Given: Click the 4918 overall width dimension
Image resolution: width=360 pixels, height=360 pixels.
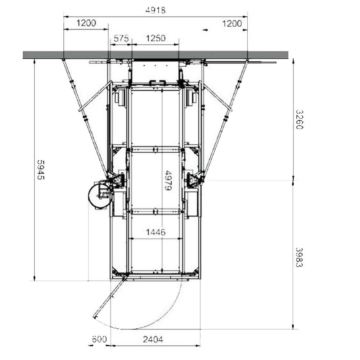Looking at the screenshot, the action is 155,10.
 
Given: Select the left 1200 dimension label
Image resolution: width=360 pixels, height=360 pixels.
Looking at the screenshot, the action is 86,23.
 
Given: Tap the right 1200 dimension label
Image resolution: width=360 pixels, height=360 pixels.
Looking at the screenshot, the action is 232,23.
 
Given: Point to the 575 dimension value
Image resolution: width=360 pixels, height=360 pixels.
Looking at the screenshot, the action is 121,39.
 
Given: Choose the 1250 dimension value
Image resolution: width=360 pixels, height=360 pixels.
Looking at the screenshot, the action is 156,38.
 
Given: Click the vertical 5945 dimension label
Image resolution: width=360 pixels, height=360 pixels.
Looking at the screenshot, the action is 41,170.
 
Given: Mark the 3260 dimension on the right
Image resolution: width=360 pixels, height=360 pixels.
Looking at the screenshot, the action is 299,120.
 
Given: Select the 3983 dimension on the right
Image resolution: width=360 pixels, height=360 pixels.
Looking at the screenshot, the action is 299,257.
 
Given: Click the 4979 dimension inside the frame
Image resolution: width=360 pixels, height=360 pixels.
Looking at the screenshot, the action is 168,180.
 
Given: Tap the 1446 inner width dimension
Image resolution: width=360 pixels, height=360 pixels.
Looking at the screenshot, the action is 156,232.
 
